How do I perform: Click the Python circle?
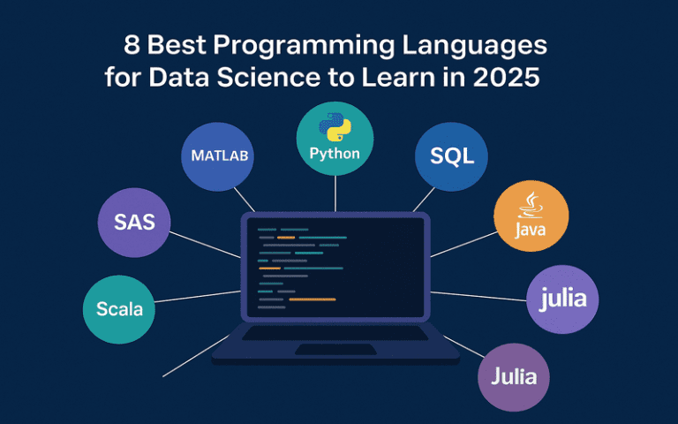point(335,139)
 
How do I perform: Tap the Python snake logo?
point(335,129)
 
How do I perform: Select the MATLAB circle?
point(220,156)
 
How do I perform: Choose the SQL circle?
point(452,156)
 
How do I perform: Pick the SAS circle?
point(134,222)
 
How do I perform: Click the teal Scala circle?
point(119,309)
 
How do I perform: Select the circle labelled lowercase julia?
point(562,299)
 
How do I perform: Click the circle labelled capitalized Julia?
point(514,376)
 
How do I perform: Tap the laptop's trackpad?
point(335,350)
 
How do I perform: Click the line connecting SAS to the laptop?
point(203,245)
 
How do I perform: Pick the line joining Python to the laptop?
point(335,193)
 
